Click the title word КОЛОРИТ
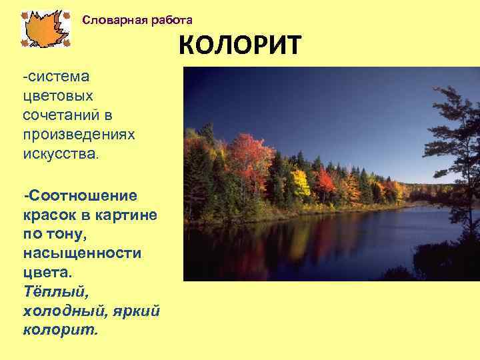click(x=240, y=47)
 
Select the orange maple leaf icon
click(x=45, y=29)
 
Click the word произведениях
click(x=79, y=135)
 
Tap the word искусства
click(x=59, y=154)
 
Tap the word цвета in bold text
click(x=49, y=273)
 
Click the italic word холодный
click(x=61, y=312)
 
